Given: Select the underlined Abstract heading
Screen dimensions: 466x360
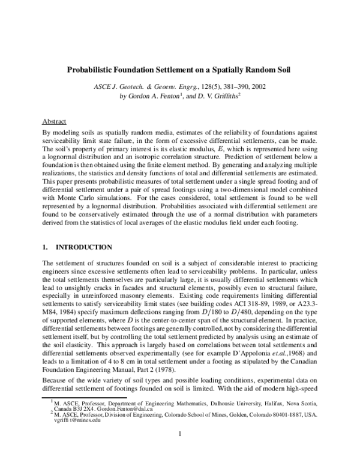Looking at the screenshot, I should (x=55, y=121).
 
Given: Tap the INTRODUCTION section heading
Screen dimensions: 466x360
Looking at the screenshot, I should (x=83, y=247).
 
